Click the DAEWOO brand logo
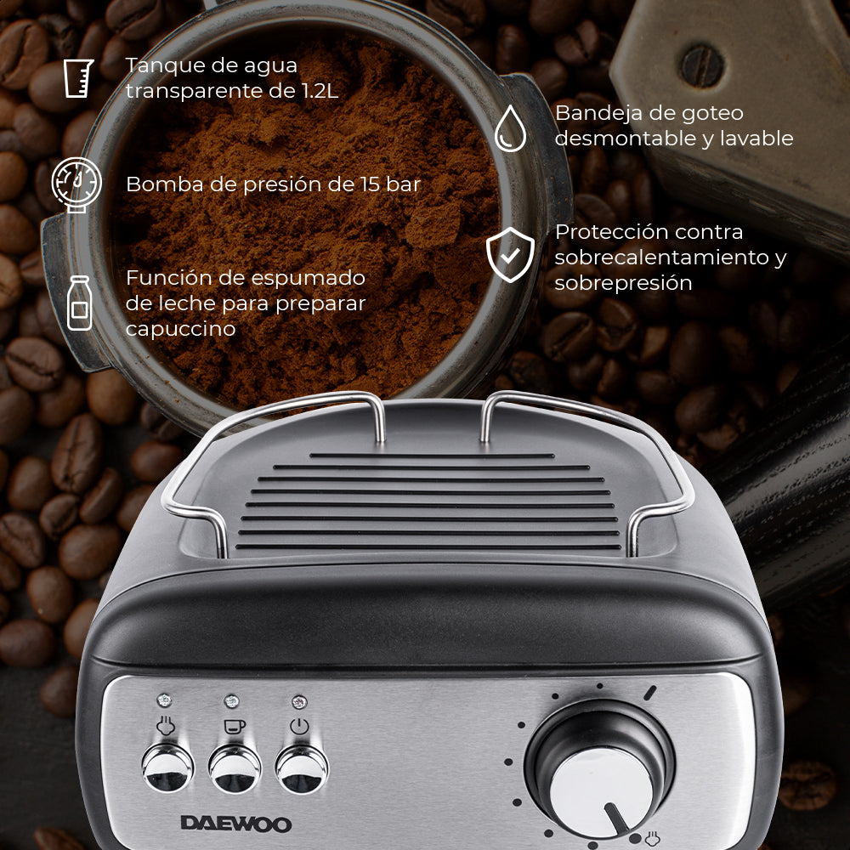pyautogui.click(x=235, y=824)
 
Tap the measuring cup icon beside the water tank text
pyautogui.click(x=78, y=78)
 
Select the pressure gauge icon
pyautogui.click(x=76, y=184)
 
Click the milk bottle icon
pyautogui.click(x=79, y=303)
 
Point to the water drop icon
pyautogui.click(x=510, y=128)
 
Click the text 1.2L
pyautogui.click(x=320, y=91)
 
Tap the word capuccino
pyautogui.click(x=180, y=329)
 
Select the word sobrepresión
pyautogui.click(x=623, y=283)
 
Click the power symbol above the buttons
pyautogui.click(x=299, y=727)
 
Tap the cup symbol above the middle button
pyautogui.click(x=235, y=727)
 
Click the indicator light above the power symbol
pyautogui.click(x=299, y=702)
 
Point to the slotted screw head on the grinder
pyautogui.click(x=702, y=66)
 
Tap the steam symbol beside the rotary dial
pyautogui.click(x=652, y=838)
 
